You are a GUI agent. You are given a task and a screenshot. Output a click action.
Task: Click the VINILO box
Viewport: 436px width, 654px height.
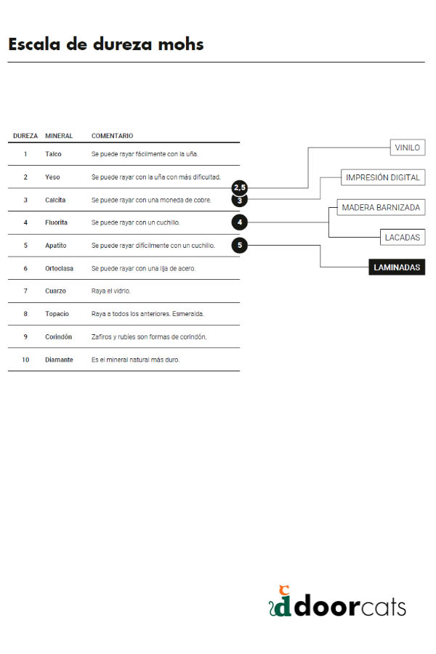407,148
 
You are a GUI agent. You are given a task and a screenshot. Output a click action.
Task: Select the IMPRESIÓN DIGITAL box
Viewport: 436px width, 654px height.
383,177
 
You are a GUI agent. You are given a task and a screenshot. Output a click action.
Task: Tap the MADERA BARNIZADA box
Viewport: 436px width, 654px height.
381,207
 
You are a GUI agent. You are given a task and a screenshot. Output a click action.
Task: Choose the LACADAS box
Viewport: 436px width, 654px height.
402,238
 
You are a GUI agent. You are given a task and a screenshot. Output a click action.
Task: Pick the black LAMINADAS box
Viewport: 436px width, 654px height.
397,267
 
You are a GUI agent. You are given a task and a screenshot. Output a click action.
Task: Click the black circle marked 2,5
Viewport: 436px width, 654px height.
240,187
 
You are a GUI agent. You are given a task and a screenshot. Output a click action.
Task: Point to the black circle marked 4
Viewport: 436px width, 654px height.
240,222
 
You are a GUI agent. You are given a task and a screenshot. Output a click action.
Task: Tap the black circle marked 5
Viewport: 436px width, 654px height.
240,246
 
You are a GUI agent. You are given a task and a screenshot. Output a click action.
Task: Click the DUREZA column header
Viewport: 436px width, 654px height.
25,136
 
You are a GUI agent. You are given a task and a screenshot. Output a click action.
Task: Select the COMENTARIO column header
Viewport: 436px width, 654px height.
112,136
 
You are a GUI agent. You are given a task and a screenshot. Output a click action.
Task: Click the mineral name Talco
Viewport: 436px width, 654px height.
53,154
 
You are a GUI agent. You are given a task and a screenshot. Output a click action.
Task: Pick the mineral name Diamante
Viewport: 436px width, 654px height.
60,360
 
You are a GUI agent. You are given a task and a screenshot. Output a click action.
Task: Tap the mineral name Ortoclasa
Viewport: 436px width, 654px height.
60,268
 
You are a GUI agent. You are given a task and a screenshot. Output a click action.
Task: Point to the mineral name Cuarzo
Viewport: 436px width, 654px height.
55,291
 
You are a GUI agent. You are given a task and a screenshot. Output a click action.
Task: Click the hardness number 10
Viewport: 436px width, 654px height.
25,360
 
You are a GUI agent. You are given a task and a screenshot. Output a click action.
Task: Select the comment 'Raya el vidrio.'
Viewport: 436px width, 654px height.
111,291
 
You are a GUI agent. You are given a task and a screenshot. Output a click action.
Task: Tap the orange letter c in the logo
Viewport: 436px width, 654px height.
284,590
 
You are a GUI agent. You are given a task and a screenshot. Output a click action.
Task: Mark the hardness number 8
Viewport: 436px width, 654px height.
25,314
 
